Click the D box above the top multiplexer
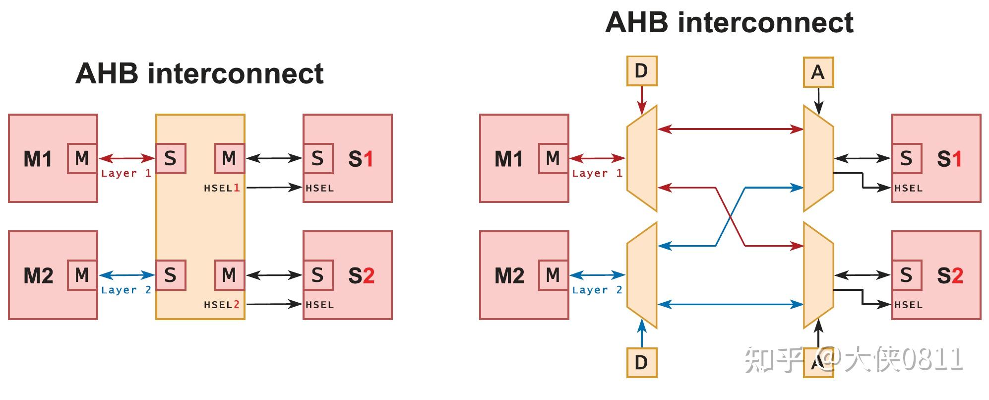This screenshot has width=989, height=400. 641,71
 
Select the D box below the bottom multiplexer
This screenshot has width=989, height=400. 641,363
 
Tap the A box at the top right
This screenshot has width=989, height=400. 818,72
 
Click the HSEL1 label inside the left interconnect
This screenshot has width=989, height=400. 222,188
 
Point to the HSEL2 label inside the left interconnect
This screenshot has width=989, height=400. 222,305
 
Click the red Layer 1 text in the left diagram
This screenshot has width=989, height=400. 126,173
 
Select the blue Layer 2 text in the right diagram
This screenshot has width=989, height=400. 597,290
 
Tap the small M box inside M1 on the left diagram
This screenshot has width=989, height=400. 82,159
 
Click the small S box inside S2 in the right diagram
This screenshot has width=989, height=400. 906,275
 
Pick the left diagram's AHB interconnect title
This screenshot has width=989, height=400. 199,73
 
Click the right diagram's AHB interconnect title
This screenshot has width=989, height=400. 729,22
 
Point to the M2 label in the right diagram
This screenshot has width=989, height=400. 509,275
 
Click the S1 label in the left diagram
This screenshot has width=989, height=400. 361,159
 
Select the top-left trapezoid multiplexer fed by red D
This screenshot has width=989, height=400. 642,159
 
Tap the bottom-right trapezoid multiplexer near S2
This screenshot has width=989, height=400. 818,275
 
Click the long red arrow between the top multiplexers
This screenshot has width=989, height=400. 730,130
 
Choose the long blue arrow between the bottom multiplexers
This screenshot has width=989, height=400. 730,304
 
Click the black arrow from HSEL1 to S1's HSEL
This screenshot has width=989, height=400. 274,188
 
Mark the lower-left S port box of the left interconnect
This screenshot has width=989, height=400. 171,275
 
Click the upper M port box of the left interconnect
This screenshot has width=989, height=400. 229,159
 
